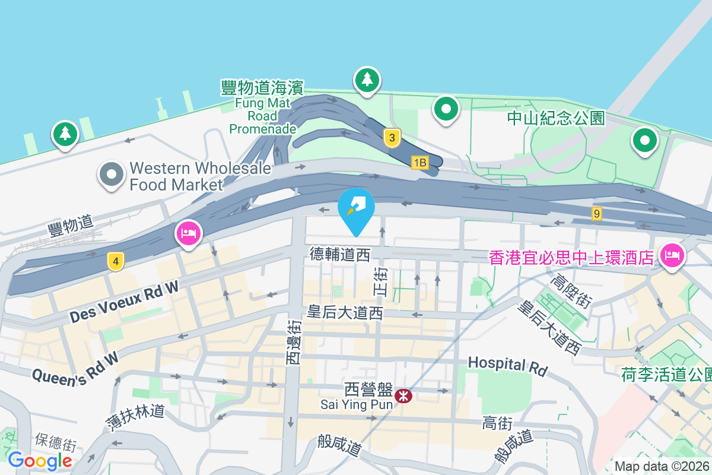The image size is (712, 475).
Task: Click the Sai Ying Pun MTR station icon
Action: click(403, 395)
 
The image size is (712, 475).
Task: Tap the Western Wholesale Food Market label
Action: click(200, 176)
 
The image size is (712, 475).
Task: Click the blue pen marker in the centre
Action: click(356, 207)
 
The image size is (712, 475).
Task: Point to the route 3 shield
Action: click(391, 138)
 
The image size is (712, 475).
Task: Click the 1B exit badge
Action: click(420, 162)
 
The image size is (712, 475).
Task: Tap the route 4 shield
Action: click(116, 261)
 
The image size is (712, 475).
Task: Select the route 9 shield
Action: click(597, 213)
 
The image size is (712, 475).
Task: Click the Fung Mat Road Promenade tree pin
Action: click(367, 80)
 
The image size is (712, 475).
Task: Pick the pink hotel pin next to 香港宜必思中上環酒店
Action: click(672, 256)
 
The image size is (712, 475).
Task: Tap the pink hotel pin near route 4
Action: click(188, 233)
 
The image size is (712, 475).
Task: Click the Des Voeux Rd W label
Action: click(123, 302)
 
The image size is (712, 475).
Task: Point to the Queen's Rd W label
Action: click(75, 369)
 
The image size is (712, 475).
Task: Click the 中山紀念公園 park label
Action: click(556, 118)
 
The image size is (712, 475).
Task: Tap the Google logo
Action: click(40, 460)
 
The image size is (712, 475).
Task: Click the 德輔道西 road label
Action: click(340, 255)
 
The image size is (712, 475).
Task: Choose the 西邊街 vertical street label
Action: click(294, 343)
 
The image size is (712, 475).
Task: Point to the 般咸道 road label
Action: click(339, 445)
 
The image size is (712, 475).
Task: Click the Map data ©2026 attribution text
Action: click(662, 466)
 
